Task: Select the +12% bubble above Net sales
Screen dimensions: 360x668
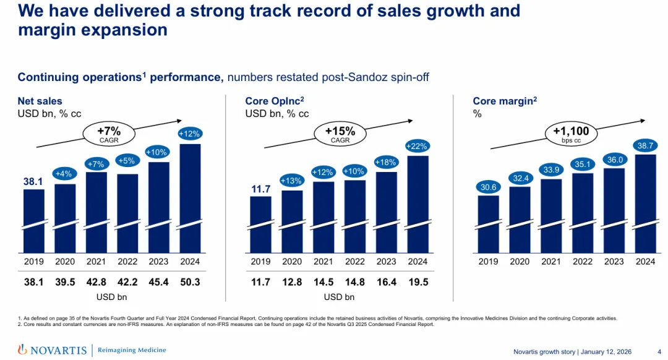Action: click(190, 134)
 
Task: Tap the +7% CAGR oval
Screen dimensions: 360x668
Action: click(109, 134)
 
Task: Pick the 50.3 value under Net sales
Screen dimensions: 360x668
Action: click(190, 282)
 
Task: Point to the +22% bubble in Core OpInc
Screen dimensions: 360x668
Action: click(417, 146)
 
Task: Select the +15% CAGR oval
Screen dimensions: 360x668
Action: click(340, 134)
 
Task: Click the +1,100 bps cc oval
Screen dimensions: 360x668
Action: click(571, 134)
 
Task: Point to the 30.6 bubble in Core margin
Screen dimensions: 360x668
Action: click(488, 187)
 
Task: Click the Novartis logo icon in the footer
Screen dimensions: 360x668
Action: click(22, 350)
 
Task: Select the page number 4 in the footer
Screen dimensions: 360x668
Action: click(659, 352)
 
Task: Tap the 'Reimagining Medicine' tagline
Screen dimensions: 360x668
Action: click(132, 350)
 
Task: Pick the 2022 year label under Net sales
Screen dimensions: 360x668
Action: click(127, 262)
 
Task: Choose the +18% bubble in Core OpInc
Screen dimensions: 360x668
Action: click(386, 162)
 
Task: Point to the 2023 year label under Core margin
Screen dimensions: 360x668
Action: click(614, 262)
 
